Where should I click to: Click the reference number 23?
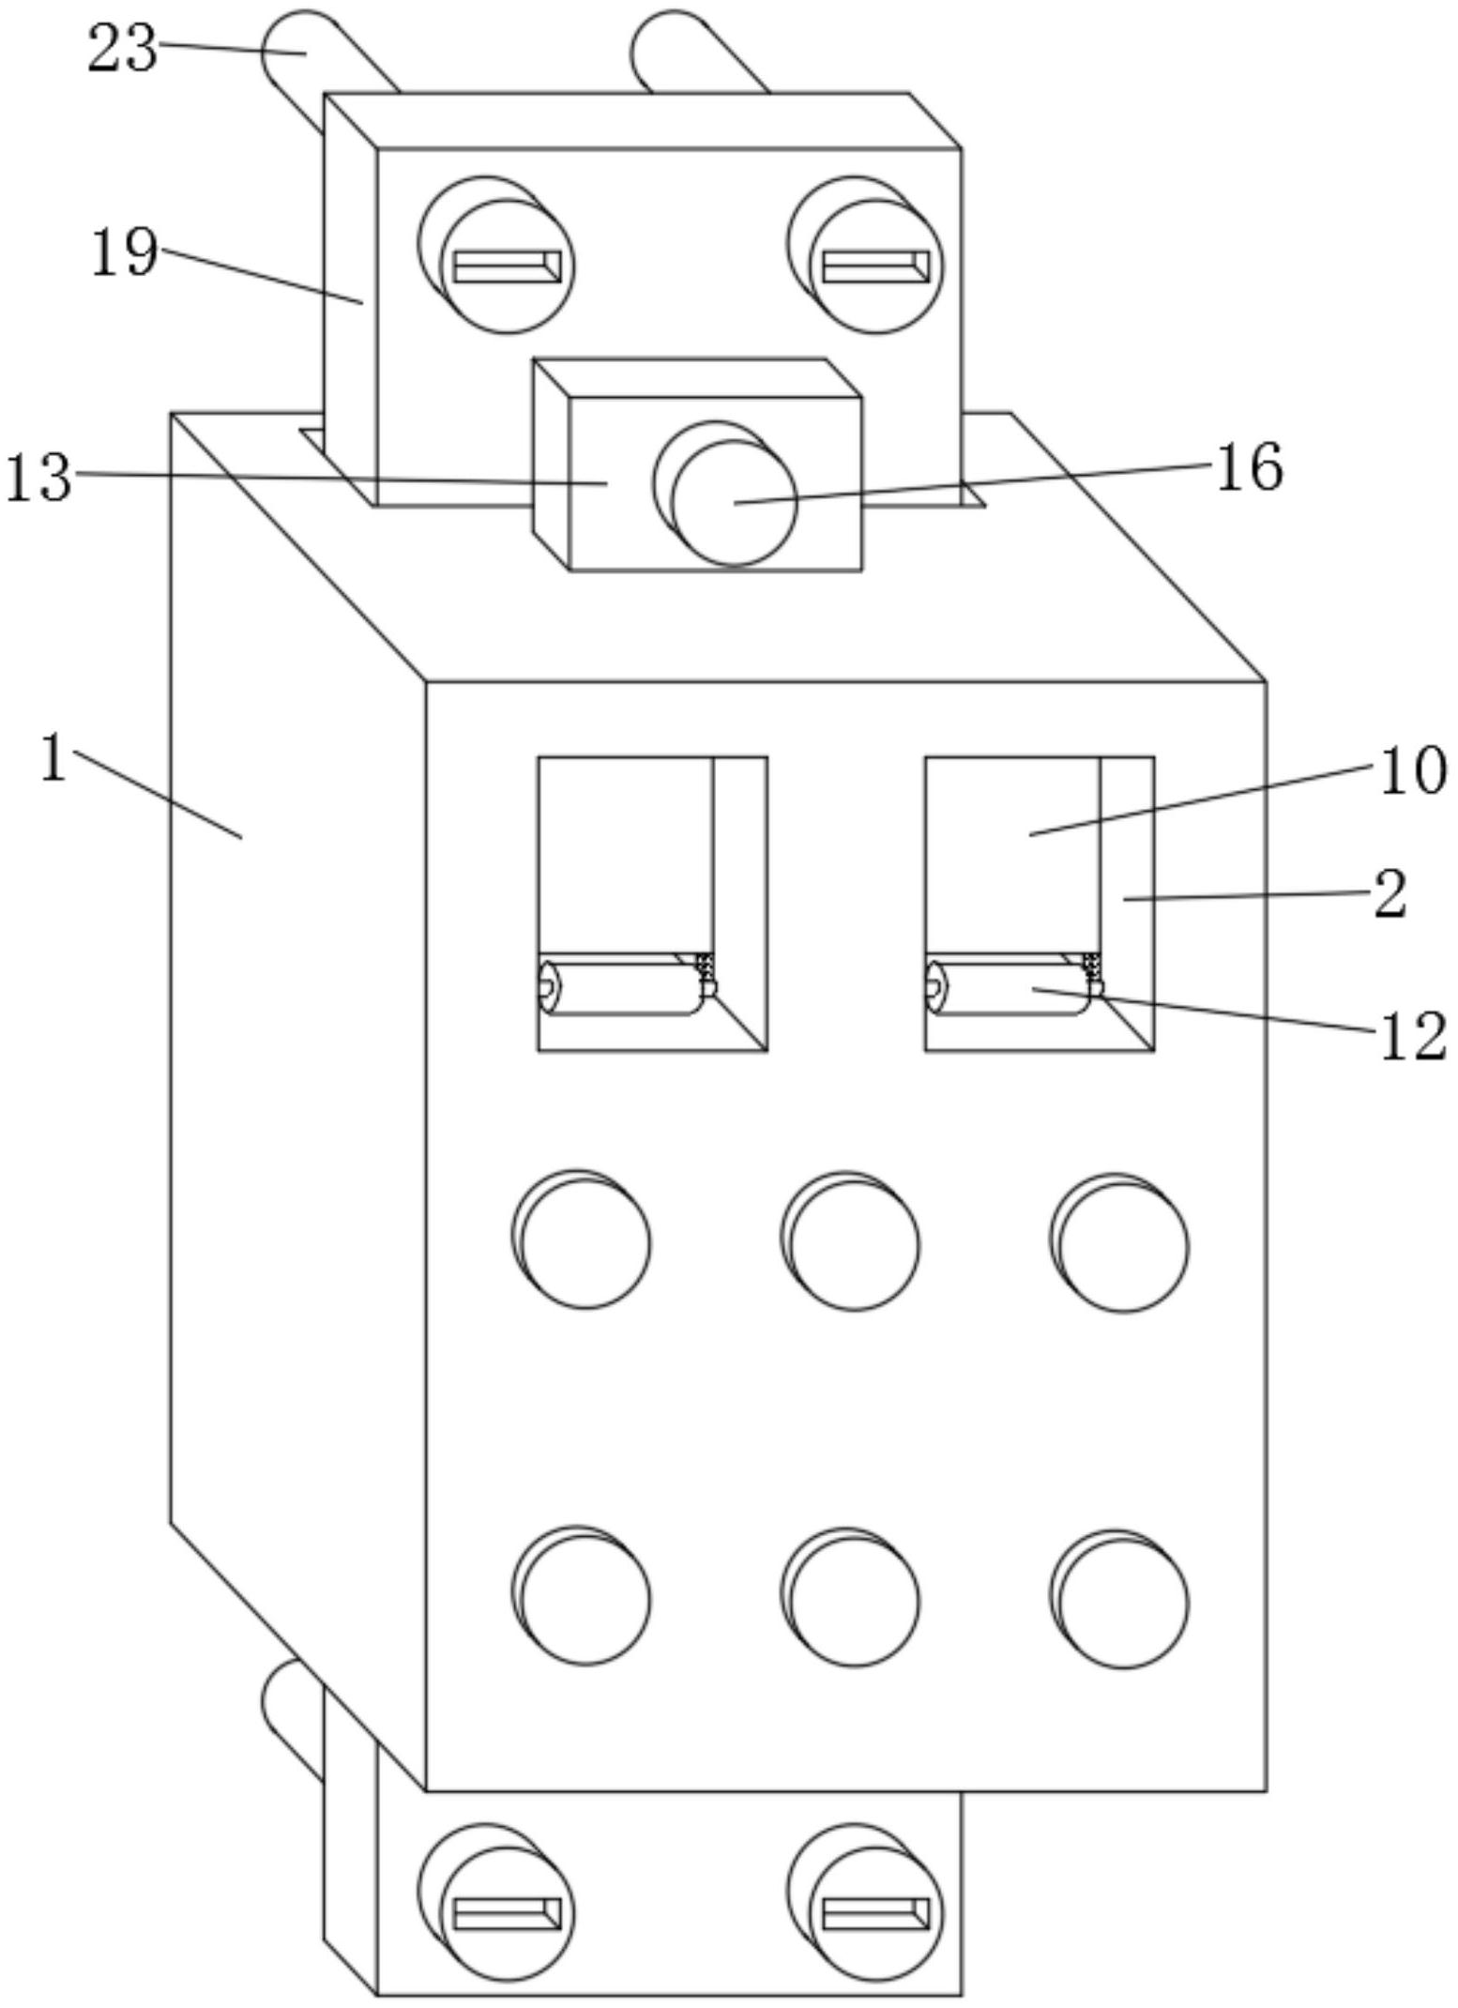coord(122,49)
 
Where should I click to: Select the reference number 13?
coord(38,477)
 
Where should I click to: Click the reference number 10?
coord(1412,771)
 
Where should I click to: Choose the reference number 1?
coord(54,758)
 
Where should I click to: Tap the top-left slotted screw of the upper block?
coord(507,266)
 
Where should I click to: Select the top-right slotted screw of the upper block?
coord(875,266)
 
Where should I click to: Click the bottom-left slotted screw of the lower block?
coord(507,1914)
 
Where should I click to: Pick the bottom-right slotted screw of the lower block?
coord(875,1914)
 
